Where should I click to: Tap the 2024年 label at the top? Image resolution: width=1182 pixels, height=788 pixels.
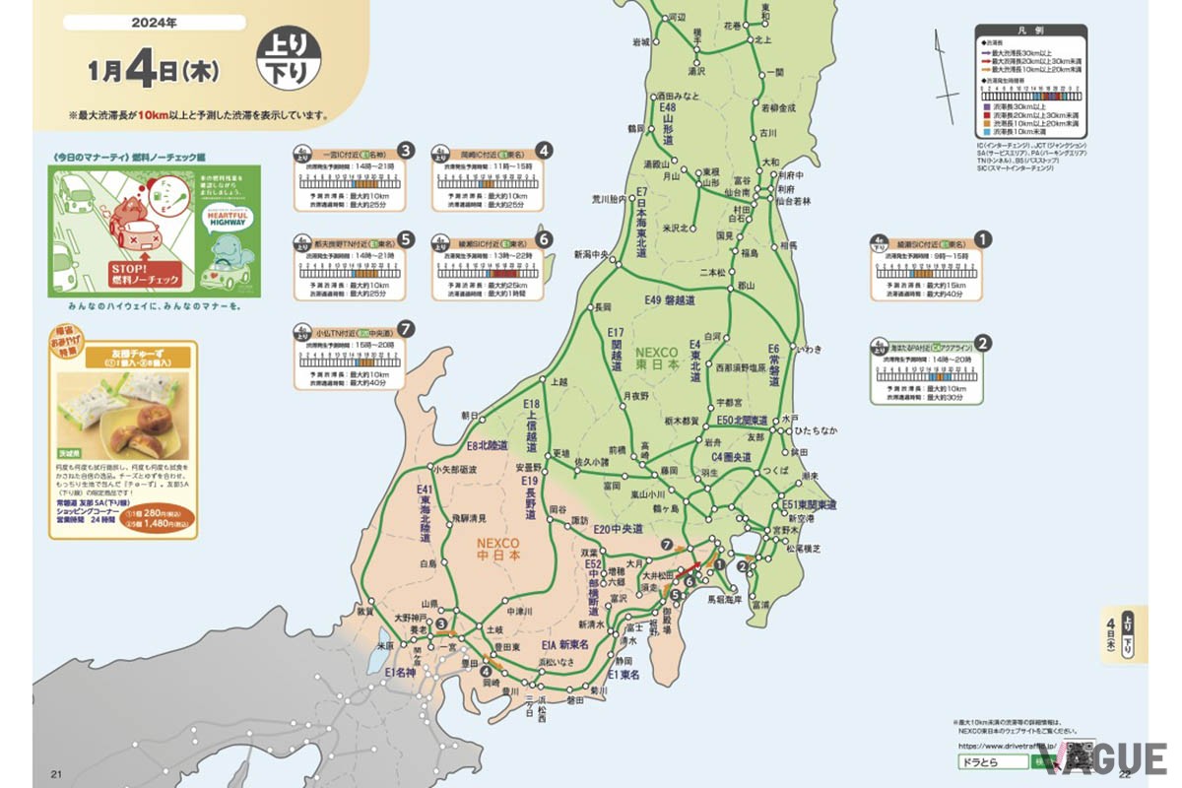pos(159,22)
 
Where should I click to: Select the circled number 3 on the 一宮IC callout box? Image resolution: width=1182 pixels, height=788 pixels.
pos(405,151)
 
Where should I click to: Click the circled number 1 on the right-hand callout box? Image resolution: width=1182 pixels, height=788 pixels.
pos(981,238)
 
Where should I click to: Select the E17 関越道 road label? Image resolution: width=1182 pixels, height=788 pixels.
pos(617,349)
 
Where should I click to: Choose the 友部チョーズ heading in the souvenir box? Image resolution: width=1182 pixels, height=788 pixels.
pos(124,356)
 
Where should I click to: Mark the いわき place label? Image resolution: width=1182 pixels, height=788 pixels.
pos(809,350)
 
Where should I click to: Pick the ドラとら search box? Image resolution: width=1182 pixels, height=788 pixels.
pos(991,762)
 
